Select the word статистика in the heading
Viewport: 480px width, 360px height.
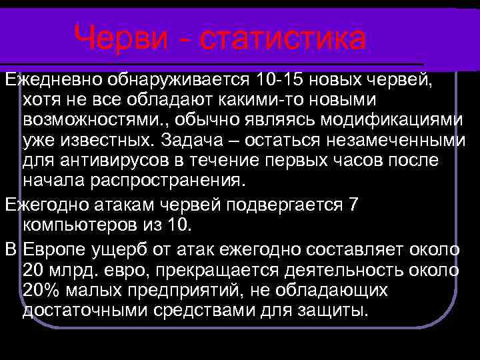click(x=283, y=39)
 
